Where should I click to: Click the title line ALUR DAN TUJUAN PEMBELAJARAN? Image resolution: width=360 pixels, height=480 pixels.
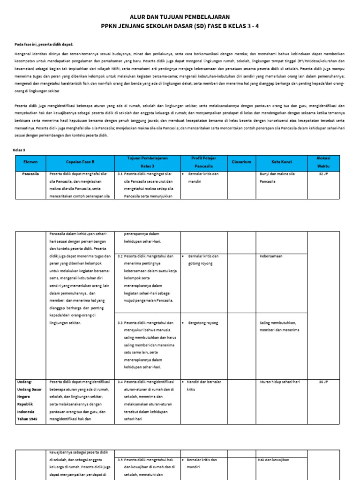(x=180, y=16)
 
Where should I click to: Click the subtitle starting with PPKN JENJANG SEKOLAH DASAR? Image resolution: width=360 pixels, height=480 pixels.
(x=180, y=26)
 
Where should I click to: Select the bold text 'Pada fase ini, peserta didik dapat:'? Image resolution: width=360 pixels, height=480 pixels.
(x=44, y=44)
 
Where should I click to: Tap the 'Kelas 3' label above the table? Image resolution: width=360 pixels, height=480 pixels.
(x=19, y=150)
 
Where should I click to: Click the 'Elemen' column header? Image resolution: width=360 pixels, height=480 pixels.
(x=30, y=162)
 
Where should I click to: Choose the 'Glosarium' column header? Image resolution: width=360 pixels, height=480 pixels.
(x=241, y=162)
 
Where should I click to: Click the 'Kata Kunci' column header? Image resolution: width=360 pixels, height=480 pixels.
(x=281, y=162)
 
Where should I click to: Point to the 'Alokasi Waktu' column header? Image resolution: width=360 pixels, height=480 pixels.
(x=323, y=162)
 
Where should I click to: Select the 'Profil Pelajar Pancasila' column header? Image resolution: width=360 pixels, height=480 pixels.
(x=203, y=162)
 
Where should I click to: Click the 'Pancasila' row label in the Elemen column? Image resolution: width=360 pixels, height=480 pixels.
(x=30, y=174)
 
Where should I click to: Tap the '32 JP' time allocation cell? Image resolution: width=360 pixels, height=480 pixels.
(x=323, y=174)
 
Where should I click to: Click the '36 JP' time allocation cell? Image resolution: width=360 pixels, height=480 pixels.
(x=323, y=382)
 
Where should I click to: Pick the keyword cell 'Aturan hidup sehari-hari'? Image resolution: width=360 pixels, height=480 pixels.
(x=279, y=382)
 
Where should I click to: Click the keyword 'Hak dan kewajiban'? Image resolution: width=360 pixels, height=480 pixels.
(x=273, y=460)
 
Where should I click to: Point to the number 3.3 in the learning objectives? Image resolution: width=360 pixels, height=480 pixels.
(x=120, y=323)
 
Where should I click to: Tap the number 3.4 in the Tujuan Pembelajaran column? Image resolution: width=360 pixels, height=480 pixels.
(x=120, y=382)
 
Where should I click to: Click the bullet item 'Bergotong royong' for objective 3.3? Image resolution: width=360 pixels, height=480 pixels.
(x=203, y=323)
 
